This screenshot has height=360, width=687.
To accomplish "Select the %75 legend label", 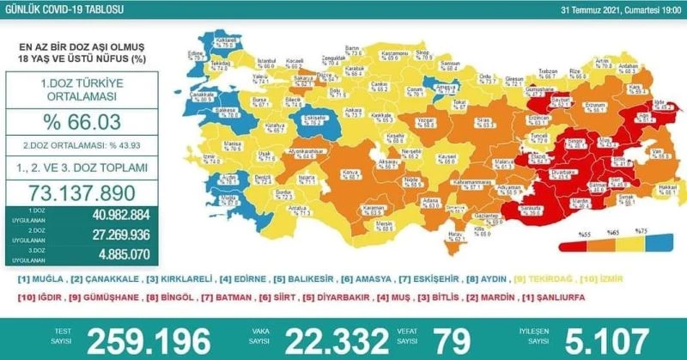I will [x=640, y=231].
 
